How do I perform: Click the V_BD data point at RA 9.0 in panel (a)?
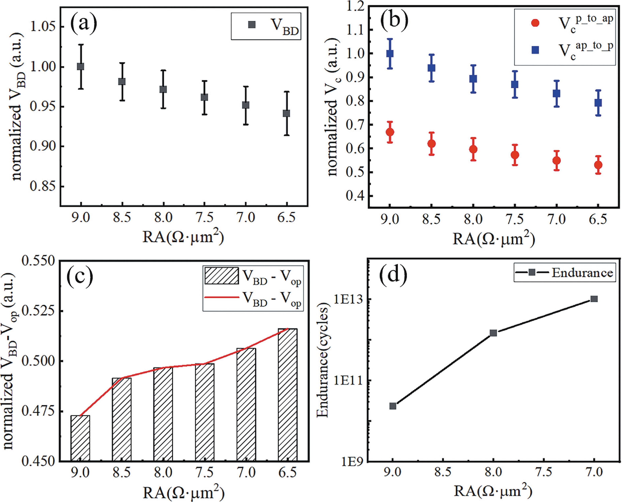pyautogui.click(x=81, y=67)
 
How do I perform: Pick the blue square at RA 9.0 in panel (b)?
pyautogui.click(x=390, y=54)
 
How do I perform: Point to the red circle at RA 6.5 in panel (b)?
pyautogui.click(x=598, y=165)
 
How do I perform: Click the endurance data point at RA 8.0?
pyautogui.click(x=493, y=333)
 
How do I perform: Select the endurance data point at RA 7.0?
pyautogui.click(x=594, y=299)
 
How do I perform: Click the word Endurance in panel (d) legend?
pyautogui.click(x=582, y=273)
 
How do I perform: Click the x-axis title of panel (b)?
pyautogui.click(x=494, y=239)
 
